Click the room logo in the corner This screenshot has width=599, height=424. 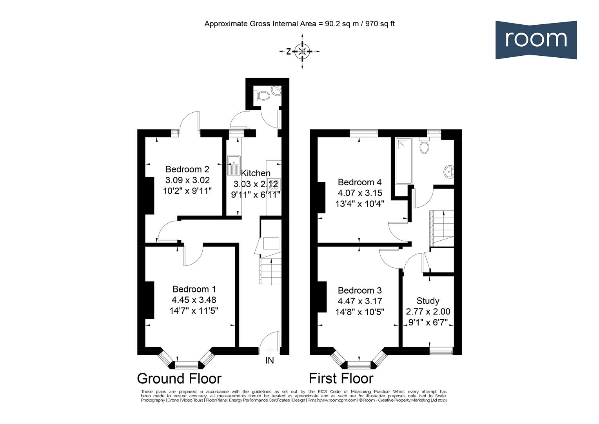point(535,40)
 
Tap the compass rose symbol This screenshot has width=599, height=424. point(302,51)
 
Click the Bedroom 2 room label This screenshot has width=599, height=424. point(187,169)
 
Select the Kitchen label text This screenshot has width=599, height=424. point(255,173)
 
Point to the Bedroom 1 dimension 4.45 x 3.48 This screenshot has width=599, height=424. point(194,300)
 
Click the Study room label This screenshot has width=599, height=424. point(427,301)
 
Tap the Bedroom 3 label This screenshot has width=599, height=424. point(359,291)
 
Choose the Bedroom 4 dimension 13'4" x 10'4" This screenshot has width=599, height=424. point(359,204)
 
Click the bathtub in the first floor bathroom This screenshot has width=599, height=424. point(403,161)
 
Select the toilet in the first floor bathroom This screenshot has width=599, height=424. point(424,146)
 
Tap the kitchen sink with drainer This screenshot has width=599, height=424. point(234,165)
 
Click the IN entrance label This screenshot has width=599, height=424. point(270,360)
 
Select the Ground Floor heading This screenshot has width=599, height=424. point(179,378)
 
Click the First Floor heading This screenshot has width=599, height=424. point(341,378)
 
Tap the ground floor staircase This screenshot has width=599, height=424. point(270,271)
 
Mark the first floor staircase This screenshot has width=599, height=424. point(442,228)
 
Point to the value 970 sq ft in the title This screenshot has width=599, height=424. point(380,24)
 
